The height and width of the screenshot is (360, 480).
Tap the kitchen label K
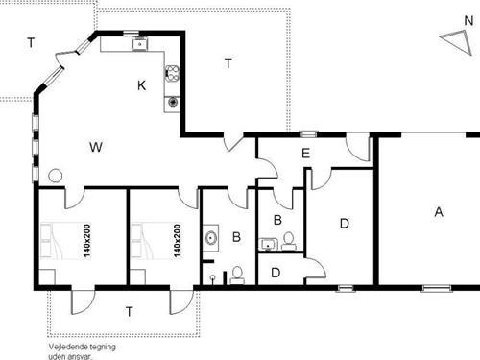tap(141, 86)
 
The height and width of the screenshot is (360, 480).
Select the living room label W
tap(95, 147)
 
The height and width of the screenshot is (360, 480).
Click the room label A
tap(439, 213)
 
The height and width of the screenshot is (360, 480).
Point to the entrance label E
tap(305, 154)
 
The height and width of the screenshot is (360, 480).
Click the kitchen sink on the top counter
tap(139, 43)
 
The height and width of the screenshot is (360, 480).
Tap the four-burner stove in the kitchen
tap(173, 73)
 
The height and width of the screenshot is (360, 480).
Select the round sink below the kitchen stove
tap(173, 100)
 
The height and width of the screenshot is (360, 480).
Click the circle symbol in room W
tap(55, 176)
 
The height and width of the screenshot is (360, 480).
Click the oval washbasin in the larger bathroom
tap(209, 237)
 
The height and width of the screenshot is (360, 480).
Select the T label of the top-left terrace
tap(31, 42)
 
